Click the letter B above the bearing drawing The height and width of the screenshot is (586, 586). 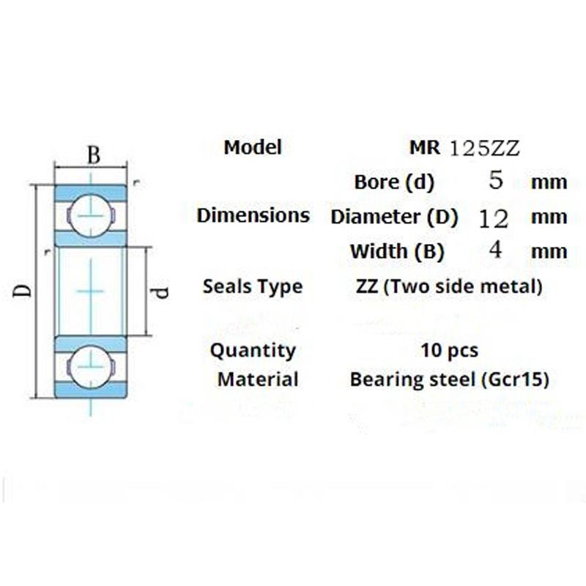[x=93, y=155]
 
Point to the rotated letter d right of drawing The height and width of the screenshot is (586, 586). [x=163, y=291]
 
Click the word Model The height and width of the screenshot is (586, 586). [x=253, y=147]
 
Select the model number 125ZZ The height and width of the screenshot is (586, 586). [x=484, y=148]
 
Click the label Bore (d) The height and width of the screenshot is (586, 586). [x=394, y=182]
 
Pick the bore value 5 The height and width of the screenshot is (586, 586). [x=496, y=181]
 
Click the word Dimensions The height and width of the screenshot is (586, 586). [x=253, y=215]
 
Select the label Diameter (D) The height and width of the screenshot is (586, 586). [x=394, y=217]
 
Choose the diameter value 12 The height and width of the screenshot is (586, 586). [x=493, y=217]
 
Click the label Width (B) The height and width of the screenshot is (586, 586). [x=397, y=251]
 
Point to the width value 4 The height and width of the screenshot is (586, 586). [x=495, y=251]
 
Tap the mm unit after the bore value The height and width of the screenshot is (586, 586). [x=549, y=182]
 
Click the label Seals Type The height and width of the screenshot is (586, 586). [x=253, y=286]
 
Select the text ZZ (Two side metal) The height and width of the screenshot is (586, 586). [x=448, y=286]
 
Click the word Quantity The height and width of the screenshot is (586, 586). [x=253, y=350]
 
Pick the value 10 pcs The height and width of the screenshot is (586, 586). [x=450, y=350]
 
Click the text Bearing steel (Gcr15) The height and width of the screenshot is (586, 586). [x=450, y=379]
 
